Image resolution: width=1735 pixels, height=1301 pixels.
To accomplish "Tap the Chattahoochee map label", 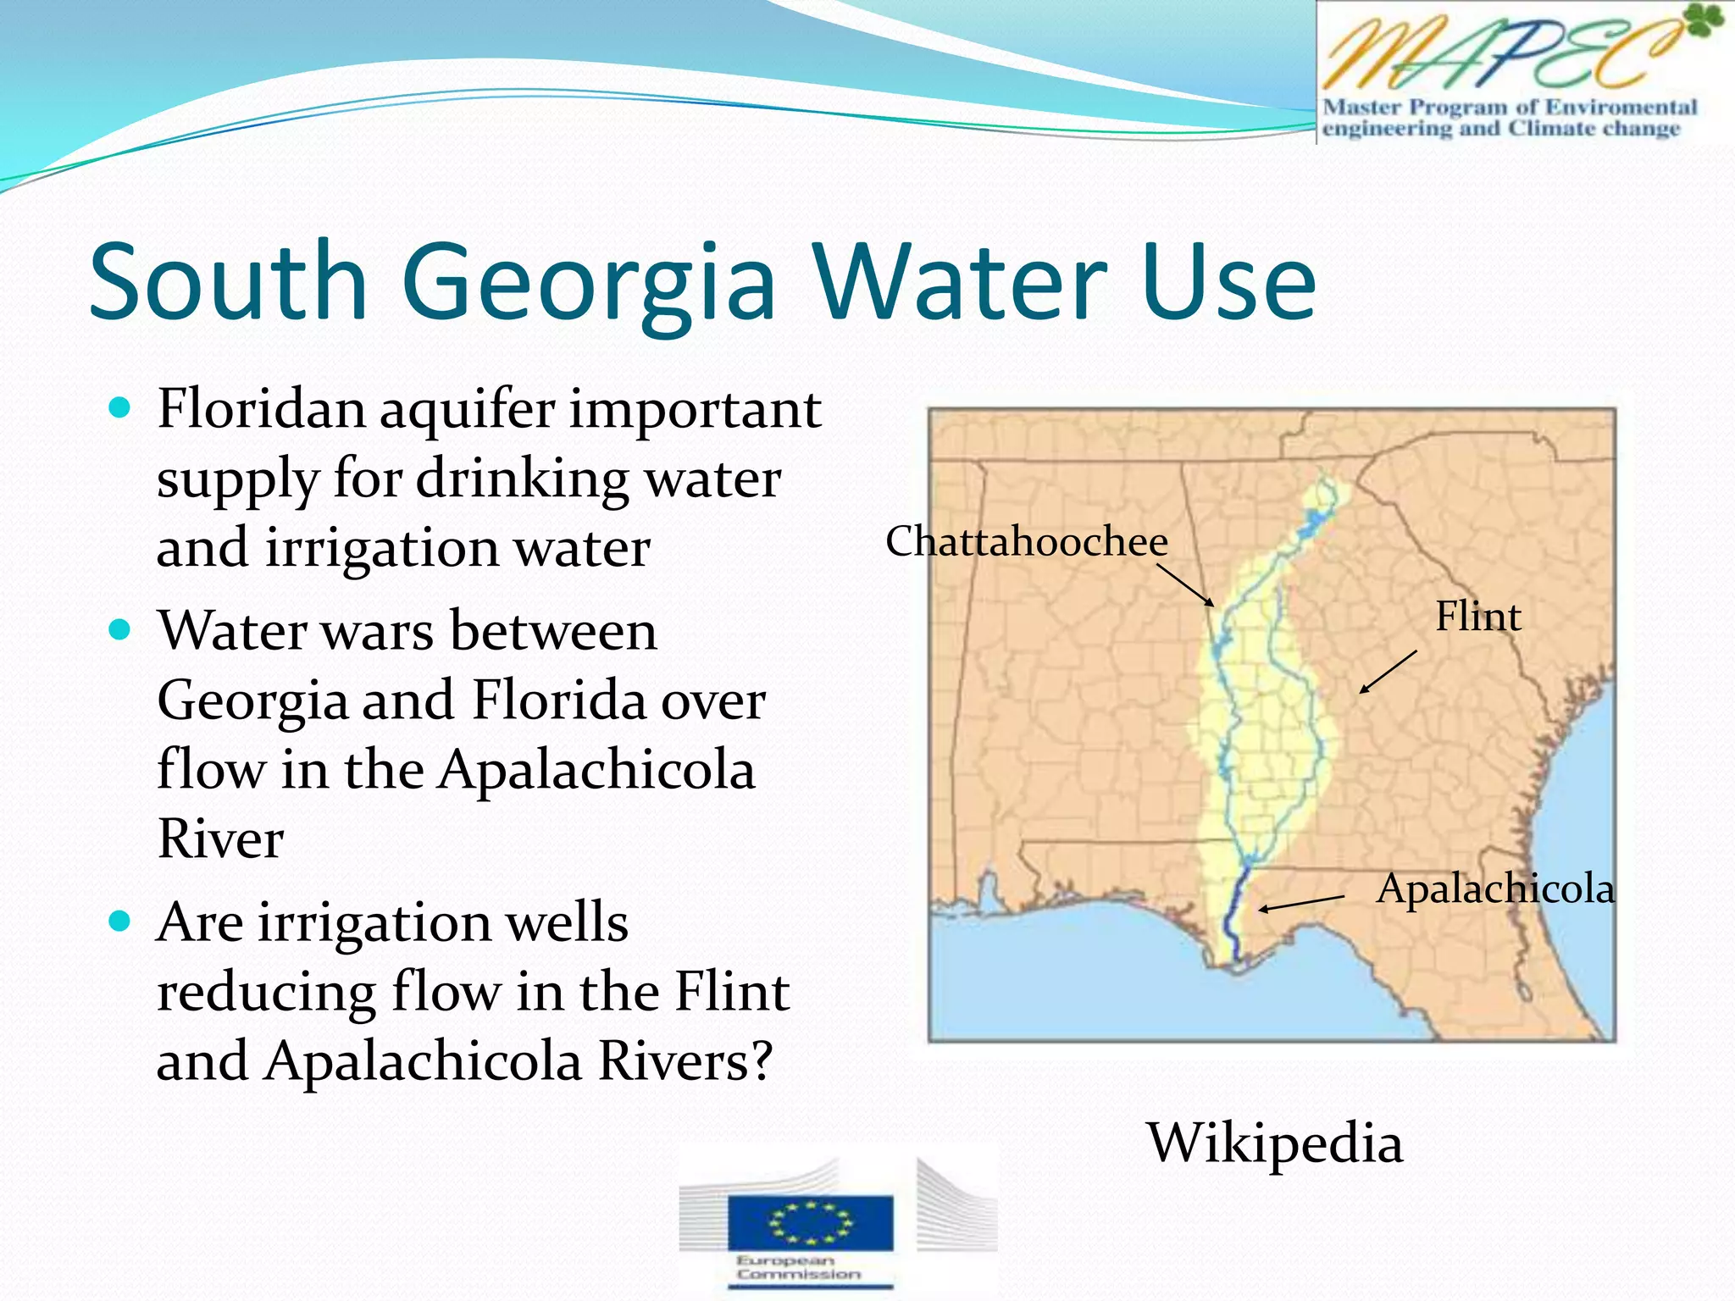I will click(x=1027, y=541).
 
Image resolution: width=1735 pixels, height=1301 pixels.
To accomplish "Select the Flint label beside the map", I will click(x=1477, y=616).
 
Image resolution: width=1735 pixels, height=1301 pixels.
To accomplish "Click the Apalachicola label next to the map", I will click(x=1495, y=889).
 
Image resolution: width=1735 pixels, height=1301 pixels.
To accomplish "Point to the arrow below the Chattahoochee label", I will click(x=1185, y=585).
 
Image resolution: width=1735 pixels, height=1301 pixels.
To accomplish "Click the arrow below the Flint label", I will click(x=1388, y=672).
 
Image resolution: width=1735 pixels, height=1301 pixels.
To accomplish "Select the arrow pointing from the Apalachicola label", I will click(x=1301, y=902).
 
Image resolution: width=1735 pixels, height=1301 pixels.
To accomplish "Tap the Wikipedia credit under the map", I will click(x=1275, y=1143).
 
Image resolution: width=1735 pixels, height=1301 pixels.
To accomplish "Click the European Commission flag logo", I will click(x=810, y=1223).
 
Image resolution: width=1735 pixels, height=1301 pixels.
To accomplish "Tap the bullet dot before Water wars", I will click(x=120, y=631).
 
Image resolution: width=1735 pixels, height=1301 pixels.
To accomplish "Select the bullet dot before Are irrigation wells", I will click(x=120, y=922).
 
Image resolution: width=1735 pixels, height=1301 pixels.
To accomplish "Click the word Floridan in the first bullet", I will click(x=261, y=409).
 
